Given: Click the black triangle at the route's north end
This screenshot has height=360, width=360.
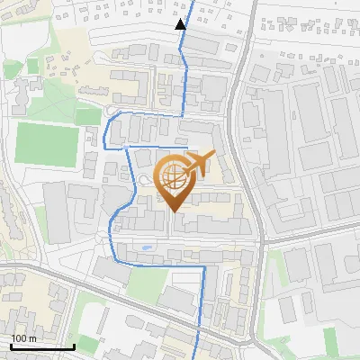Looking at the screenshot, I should pos(181,24).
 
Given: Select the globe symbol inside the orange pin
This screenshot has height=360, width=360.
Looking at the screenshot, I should pos(173,176).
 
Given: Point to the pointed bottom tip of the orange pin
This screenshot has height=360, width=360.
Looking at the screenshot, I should pos(173,211).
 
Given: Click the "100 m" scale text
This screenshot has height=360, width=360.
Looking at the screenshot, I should pos(24,337).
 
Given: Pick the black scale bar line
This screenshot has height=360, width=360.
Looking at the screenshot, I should pos(42,346).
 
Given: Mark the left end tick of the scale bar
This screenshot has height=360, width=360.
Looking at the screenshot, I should pos(12,345).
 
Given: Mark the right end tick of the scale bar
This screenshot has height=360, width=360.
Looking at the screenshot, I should pos(73,345).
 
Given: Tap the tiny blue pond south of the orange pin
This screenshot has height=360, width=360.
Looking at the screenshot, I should pos(147,246).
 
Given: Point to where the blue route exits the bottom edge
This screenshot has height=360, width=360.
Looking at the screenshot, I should pos(197,357).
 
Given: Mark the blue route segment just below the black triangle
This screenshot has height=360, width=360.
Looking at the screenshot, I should pos(183,45).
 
